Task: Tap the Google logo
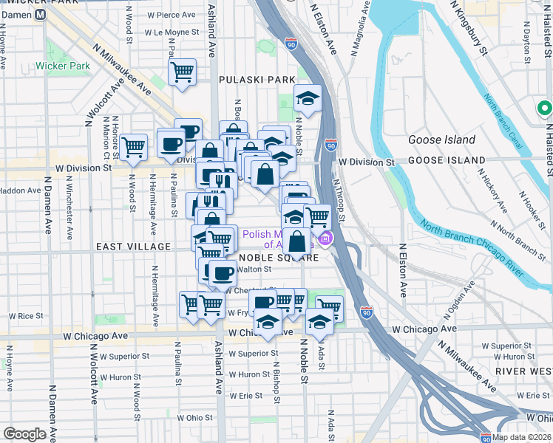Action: click(24, 434)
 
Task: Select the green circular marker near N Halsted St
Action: click(545, 110)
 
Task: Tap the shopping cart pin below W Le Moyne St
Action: click(182, 72)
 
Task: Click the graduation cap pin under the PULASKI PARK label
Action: click(308, 98)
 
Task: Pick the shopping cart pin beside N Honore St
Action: click(133, 147)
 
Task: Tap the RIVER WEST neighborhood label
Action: click(526, 371)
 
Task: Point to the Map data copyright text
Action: click(521, 437)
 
